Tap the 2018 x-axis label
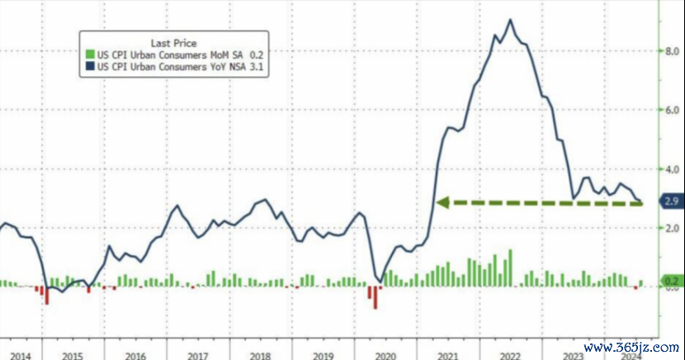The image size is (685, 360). pyautogui.click(x=260, y=355)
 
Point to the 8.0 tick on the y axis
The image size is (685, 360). pyautogui.click(x=673, y=51)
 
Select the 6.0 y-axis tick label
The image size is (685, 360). pyautogui.click(x=673, y=110)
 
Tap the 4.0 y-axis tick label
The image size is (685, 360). pyautogui.click(x=673, y=169)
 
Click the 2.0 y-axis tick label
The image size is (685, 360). pyautogui.click(x=673, y=229)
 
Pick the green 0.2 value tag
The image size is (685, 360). pyautogui.click(x=671, y=282)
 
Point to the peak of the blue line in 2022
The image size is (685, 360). pyautogui.click(x=511, y=20)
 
